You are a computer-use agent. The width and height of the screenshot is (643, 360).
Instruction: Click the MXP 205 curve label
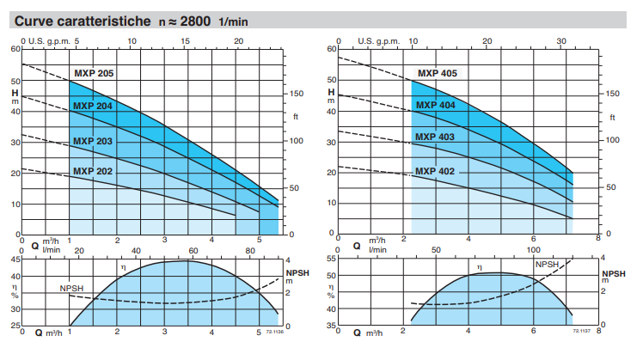coord(93,73)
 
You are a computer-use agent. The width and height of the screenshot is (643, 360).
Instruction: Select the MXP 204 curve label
coord(93,107)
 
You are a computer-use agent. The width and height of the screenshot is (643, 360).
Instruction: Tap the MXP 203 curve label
coord(93,141)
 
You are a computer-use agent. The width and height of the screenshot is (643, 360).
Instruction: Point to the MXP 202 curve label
coord(93,171)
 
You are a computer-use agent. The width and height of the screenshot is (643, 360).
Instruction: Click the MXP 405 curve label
coord(437,73)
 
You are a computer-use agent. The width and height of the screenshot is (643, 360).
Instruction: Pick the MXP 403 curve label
coord(436,137)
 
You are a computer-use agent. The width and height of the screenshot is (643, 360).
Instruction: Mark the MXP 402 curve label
coord(436,171)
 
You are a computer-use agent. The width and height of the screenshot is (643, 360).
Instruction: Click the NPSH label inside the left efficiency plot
coord(71,288)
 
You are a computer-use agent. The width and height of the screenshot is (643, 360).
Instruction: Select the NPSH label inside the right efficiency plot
coord(548,265)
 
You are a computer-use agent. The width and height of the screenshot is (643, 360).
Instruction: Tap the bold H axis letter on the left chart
coord(15,93)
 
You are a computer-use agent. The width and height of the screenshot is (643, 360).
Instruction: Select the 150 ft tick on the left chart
coord(296,94)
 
